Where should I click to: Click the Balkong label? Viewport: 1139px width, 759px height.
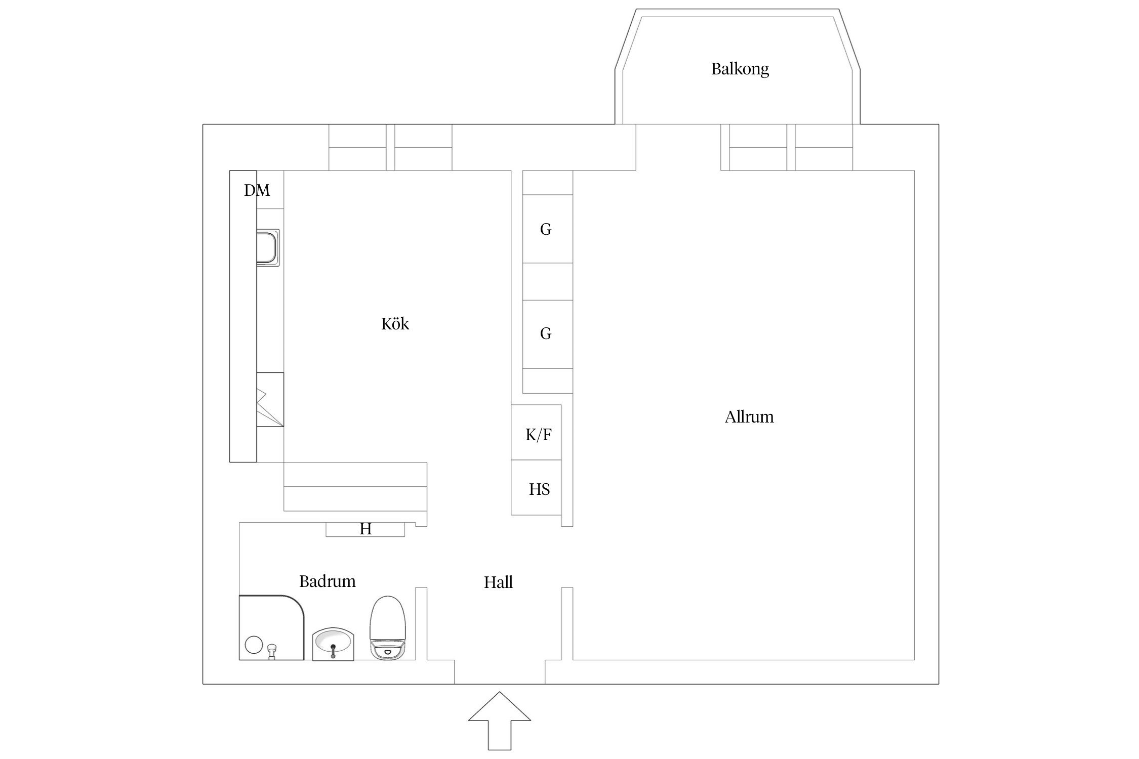click(740, 69)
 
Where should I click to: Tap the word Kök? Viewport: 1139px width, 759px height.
click(395, 323)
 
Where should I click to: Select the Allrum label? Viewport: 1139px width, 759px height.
click(749, 417)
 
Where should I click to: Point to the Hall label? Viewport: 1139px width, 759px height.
click(498, 582)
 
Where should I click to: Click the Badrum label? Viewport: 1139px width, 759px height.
click(327, 581)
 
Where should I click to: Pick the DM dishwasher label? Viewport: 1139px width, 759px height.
click(257, 190)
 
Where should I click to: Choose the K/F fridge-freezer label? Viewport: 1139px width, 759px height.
click(538, 435)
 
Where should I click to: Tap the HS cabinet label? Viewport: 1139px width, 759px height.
click(539, 489)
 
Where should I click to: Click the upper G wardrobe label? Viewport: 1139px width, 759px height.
click(546, 229)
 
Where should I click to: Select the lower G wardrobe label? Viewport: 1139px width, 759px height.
click(546, 333)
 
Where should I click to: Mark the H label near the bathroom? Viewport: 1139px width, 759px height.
click(365, 529)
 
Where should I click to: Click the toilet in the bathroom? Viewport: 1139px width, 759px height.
click(389, 627)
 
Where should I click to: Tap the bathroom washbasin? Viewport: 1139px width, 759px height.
click(333, 644)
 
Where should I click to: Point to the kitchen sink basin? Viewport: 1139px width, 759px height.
click(268, 247)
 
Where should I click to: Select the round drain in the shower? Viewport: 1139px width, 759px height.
click(254, 645)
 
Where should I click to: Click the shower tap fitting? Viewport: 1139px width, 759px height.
click(272, 652)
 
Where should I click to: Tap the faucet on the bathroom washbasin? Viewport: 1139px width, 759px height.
click(333, 651)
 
